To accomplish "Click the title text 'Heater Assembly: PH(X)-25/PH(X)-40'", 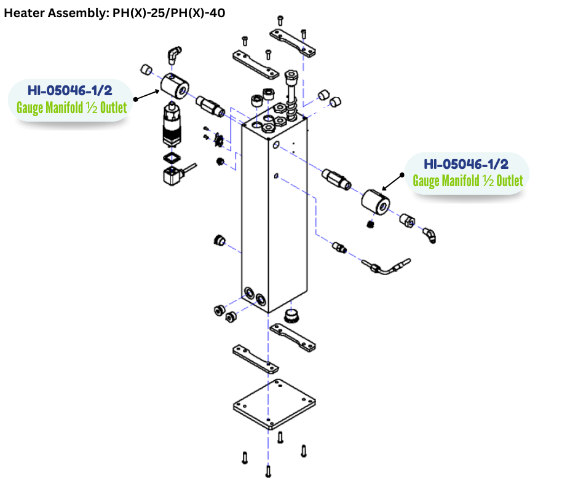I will [x=115, y=12].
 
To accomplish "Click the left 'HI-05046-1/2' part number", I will [x=69, y=91].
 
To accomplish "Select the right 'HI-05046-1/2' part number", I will [x=466, y=164].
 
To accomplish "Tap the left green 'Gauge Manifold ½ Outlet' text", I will [x=71, y=108].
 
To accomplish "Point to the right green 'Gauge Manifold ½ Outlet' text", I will [x=467, y=181].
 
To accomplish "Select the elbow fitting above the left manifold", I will [x=175, y=54].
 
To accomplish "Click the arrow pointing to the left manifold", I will [x=146, y=96].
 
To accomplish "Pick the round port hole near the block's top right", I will [x=277, y=144].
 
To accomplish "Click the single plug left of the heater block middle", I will [x=218, y=240].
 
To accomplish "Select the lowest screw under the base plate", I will [x=268, y=471].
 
